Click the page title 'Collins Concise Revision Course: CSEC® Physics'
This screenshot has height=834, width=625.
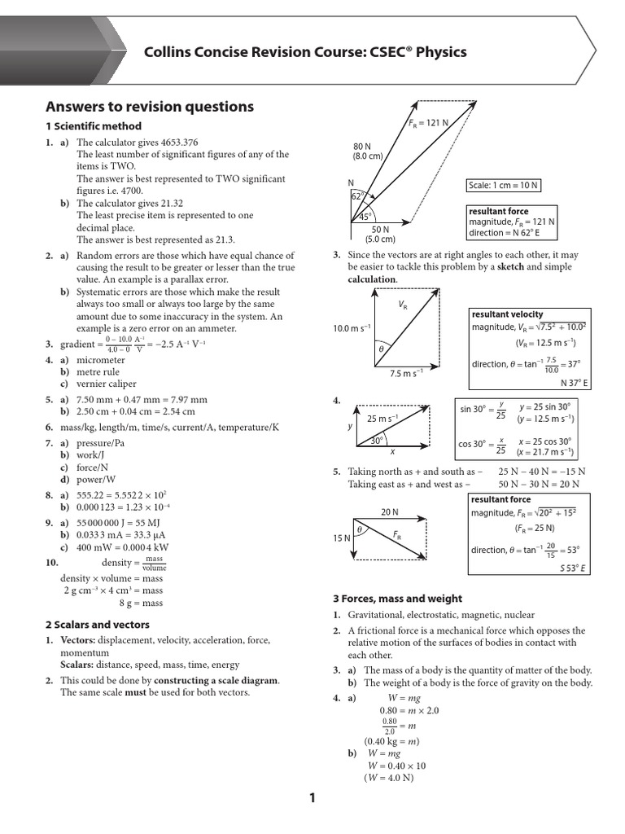(305, 52)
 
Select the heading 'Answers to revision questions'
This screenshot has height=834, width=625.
(150, 107)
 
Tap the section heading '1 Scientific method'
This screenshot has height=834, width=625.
(94, 126)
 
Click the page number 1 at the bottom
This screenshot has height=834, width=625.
(312, 799)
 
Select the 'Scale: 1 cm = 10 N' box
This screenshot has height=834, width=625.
(503, 185)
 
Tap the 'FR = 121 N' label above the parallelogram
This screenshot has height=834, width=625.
(429, 123)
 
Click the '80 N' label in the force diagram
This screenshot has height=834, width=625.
(362, 145)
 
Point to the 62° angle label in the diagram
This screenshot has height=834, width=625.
(356, 196)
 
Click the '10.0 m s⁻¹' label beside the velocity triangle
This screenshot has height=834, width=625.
(352, 328)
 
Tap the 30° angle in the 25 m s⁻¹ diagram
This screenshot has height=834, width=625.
(377, 440)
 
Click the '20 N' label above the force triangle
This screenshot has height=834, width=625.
(390, 512)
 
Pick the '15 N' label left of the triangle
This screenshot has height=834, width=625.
(341, 538)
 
